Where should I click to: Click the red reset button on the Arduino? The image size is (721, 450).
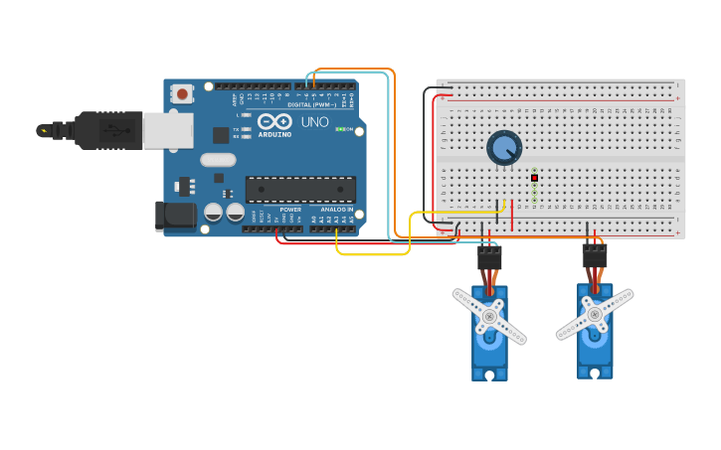click(x=183, y=93)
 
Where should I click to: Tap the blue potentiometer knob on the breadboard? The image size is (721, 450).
click(x=504, y=149)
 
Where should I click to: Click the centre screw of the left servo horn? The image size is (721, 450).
click(x=489, y=315)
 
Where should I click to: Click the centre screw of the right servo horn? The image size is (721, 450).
click(x=595, y=314)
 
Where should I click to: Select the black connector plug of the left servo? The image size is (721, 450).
click(x=489, y=256)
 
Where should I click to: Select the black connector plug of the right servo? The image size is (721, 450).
click(x=595, y=255)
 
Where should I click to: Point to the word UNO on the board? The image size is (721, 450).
click(x=314, y=121)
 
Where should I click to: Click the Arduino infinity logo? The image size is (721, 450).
click(x=274, y=120)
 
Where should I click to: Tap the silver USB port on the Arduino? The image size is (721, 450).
click(x=167, y=130)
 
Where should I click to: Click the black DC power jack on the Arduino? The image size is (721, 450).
click(x=175, y=216)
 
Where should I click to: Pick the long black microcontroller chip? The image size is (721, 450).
click(x=300, y=189)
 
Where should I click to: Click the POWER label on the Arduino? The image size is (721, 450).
click(x=290, y=210)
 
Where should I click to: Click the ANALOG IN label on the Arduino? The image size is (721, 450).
click(x=336, y=210)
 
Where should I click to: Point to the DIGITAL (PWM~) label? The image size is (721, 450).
click(x=312, y=104)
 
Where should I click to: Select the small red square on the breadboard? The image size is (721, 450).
click(x=534, y=178)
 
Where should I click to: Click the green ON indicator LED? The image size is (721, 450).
click(x=340, y=129)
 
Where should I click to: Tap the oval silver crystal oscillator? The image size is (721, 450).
click(x=218, y=160)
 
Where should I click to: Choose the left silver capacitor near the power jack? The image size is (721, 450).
click(x=213, y=212)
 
